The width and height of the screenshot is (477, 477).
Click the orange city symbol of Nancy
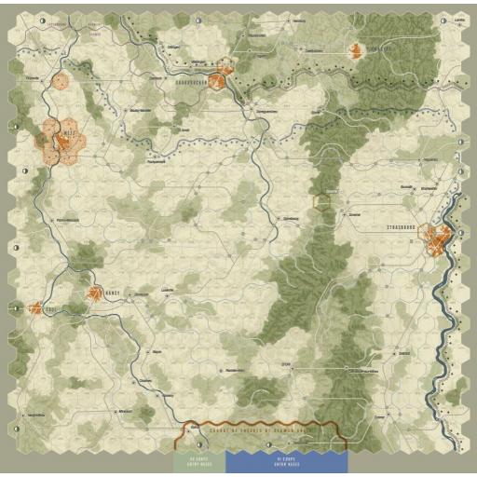95,294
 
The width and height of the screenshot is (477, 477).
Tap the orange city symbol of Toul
36,307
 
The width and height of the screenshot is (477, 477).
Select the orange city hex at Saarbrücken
216,82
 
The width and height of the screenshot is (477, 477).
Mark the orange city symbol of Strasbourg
435,240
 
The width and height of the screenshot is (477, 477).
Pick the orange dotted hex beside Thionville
61,81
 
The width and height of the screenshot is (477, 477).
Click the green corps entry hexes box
200,460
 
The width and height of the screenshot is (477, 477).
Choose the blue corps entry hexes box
286,460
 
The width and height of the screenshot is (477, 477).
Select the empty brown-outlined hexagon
322,200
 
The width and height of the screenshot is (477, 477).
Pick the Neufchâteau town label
37,414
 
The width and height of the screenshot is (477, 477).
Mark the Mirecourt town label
126,410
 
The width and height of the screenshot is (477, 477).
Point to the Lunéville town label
169,291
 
